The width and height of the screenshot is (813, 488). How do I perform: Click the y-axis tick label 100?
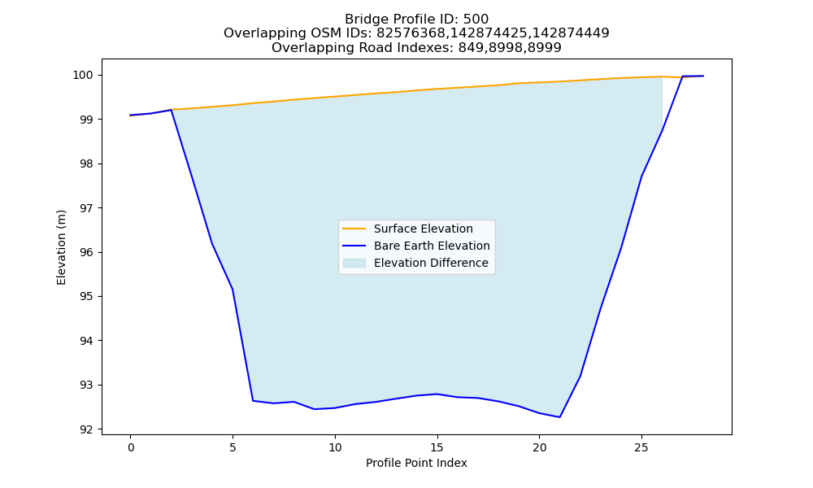(85, 75)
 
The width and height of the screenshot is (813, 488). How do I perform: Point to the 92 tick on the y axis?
(88, 429)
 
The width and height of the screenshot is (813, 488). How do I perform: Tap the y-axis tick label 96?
(88, 253)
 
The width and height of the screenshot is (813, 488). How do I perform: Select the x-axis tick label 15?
(437, 447)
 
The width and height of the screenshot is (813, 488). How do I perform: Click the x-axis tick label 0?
(131, 447)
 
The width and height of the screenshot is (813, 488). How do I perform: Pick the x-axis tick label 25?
(641, 447)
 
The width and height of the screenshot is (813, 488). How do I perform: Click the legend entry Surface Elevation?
(423, 229)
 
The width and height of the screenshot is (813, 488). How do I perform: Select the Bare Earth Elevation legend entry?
(432, 246)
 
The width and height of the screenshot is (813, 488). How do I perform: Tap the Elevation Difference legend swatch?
(354, 263)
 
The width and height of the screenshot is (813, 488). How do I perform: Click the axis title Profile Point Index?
(416, 463)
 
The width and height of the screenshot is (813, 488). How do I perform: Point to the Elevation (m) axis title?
(61, 247)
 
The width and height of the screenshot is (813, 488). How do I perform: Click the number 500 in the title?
(476, 20)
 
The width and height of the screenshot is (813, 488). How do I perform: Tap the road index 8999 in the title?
(545, 48)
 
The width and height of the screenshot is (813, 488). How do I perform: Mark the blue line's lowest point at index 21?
(559, 417)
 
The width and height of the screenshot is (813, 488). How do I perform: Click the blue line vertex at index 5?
(233, 290)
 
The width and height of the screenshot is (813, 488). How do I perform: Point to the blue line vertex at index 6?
(253, 401)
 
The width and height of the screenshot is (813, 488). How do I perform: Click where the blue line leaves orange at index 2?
(171, 110)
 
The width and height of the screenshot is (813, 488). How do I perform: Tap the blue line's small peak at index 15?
(437, 394)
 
